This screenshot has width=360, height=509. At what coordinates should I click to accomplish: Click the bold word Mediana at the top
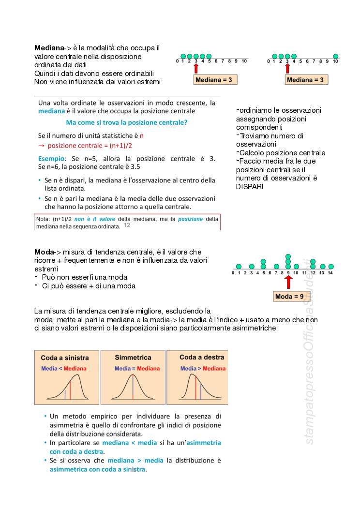(49, 48)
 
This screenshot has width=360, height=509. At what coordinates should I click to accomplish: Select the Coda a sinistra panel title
(65, 358)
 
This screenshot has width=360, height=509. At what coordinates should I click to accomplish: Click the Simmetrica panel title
(133, 358)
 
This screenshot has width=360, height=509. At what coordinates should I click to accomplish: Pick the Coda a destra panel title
(201, 357)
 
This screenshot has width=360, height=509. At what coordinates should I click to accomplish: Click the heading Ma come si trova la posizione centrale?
(126, 122)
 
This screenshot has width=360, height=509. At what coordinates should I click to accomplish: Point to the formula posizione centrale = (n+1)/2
(90, 145)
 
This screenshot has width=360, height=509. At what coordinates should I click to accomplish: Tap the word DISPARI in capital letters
(250, 187)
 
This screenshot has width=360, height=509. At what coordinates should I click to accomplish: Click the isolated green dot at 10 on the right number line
(336, 57)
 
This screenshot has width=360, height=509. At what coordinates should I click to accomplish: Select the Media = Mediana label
(137, 369)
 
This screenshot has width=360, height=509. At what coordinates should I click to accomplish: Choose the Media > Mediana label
(203, 369)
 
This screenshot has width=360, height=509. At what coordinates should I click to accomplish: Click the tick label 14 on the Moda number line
(330, 273)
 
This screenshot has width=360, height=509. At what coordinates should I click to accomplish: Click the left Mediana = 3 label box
(215, 80)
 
